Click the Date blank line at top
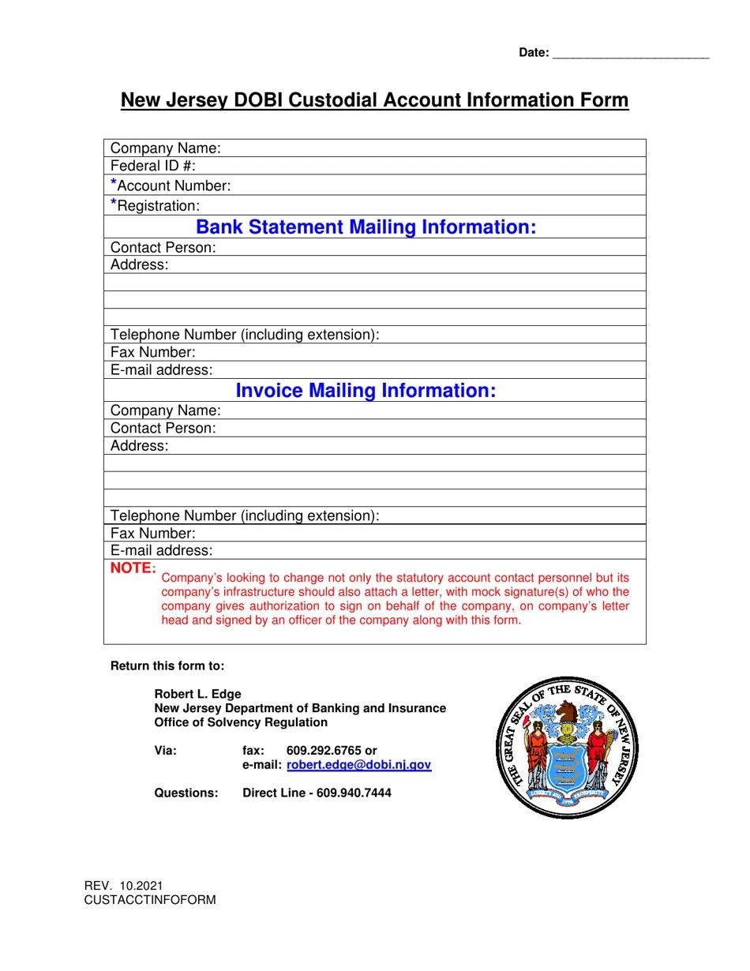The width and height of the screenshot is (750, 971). click(x=630, y=54)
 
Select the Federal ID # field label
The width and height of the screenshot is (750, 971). click(x=153, y=166)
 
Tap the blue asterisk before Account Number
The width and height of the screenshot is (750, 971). click(x=114, y=184)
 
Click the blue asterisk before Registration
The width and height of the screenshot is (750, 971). click(x=114, y=204)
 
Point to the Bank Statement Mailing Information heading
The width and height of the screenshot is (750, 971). click(x=366, y=227)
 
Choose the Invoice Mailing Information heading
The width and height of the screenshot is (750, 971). click(x=366, y=391)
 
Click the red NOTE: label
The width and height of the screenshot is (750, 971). click(x=133, y=568)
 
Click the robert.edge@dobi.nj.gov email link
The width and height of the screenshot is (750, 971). click(x=358, y=765)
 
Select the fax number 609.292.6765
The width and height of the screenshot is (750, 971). click(x=324, y=751)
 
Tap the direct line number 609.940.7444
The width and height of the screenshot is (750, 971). click(x=354, y=793)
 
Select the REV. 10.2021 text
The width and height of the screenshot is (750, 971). click(x=124, y=887)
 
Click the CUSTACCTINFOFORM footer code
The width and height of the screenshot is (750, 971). click(x=150, y=900)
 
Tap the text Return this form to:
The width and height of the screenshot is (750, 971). click(x=167, y=666)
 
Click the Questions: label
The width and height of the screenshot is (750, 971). click(x=186, y=793)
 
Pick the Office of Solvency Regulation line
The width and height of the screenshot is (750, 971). click(x=241, y=722)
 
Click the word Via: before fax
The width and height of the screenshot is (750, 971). click(x=166, y=751)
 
